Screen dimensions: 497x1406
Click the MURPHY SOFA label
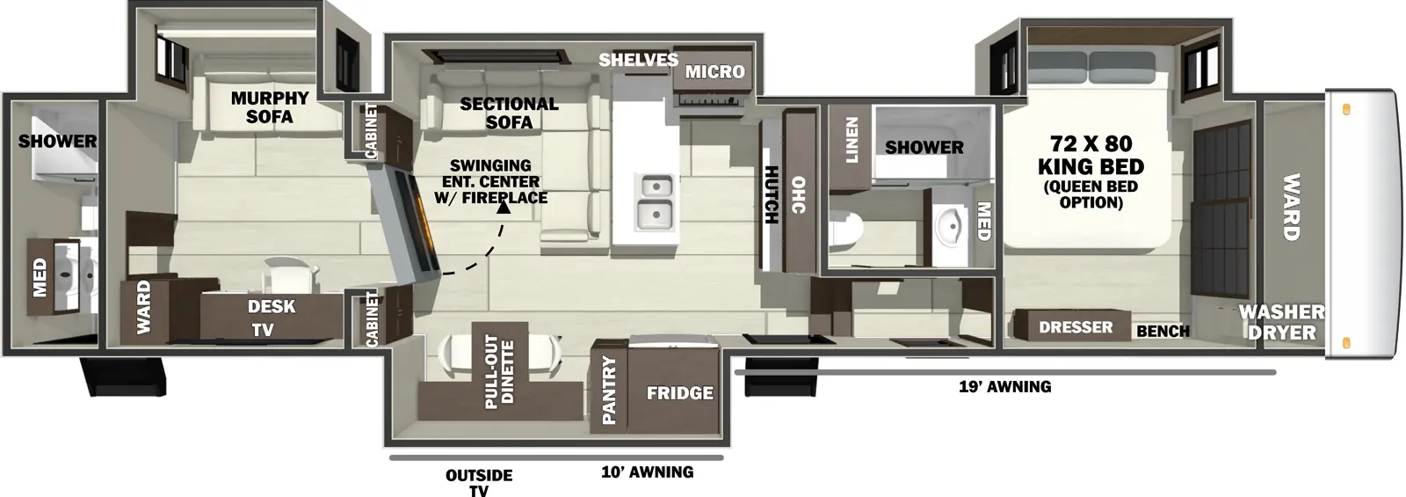pos(269,107)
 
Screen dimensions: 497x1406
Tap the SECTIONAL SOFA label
pos(509,113)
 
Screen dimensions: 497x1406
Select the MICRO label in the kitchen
pos(714,71)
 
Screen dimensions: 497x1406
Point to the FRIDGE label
pos(679,393)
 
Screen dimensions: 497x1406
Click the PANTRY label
pos(609,390)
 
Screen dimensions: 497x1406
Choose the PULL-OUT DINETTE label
pos(500,370)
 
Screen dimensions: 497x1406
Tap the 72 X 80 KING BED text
pos(1091,155)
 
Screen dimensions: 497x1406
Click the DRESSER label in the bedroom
pos(1076,327)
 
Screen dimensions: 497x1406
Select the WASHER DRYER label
pos(1281,322)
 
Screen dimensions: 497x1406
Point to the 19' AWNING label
pos(1004,386)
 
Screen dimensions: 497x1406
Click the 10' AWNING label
pos(647,472)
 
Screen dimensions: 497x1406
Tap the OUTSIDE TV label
pos(479,482)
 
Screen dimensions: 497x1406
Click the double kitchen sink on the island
pos(655,201)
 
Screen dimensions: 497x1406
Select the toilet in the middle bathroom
pos(845,230)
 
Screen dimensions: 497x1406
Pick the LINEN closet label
pos(852,142)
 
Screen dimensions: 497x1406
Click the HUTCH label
pos(771,194)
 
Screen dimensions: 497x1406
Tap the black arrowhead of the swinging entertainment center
pos(504,207)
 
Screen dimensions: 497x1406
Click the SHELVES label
pos(638,60)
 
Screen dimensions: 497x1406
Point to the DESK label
pos(272,306)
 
